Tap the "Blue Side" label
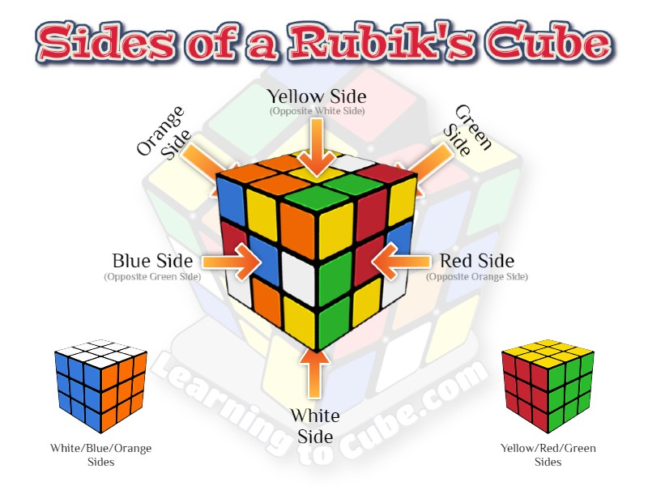[152, 262]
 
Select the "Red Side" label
[476, 262]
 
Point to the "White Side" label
[315, 426]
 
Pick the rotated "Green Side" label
[468, 131]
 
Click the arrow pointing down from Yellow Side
[317, 146]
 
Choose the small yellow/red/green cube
[548, 386]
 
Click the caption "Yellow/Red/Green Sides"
[548, 454]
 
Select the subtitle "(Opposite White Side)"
[317, 111]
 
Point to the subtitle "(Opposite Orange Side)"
[476, 277]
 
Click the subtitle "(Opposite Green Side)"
[152, 277]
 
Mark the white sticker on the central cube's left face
[299, 283]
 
